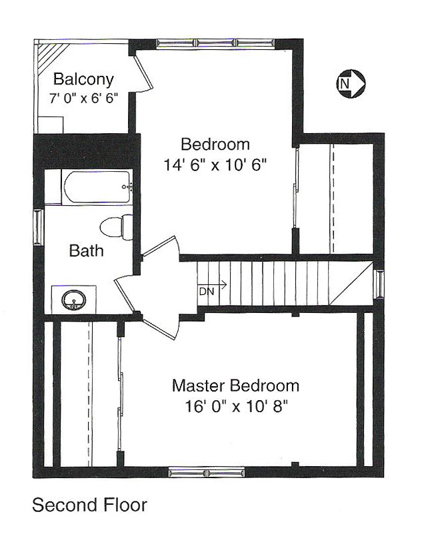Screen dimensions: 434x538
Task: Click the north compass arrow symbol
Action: (x=350, y=83)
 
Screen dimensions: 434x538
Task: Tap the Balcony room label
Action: (x=83, y=79)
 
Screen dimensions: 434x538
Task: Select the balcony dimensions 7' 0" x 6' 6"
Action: (x=83, y=99)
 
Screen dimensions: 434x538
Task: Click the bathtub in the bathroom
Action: (x=97, y=187)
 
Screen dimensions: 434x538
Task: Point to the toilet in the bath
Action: (x=117, y=227)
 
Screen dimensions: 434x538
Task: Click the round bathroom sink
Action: (x=73, y=300)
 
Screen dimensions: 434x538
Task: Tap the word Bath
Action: (x=86, y=250)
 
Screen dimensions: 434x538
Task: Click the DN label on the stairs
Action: (x=207, y=292)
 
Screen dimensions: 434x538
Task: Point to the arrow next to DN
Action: (x=213, y=284)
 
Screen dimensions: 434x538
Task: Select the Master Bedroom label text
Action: (x=235, y=386)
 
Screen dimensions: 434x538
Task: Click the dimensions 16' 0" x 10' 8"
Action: (x=236, y=407)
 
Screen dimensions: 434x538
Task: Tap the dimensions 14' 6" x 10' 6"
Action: (x=215, y=165)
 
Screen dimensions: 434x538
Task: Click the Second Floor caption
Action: (x=90, y=505)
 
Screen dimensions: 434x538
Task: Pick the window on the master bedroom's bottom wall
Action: (x=207, y=473)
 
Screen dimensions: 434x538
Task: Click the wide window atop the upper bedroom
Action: (x=216, y=43)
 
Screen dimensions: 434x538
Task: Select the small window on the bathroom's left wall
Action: (x=38, y=227)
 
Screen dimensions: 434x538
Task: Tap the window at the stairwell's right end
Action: (x=380, y=284)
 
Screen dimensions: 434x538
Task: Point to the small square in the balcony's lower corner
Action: (x=51, y=125)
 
